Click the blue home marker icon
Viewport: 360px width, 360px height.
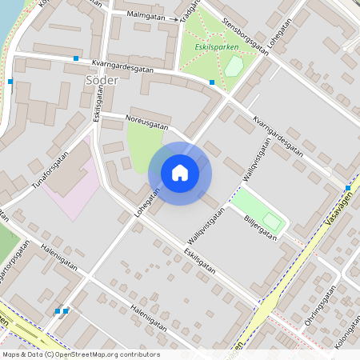click(x=180, y=173)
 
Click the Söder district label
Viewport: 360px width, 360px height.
click(x=102, y=80)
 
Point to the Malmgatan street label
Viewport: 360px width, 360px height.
click(x=146, y=15)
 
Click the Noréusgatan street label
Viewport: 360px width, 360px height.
click(x=147, y=122)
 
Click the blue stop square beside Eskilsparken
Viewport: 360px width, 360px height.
click(x=211, y=82)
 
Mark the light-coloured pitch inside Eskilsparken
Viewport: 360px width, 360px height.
click(x=233, y=67)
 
